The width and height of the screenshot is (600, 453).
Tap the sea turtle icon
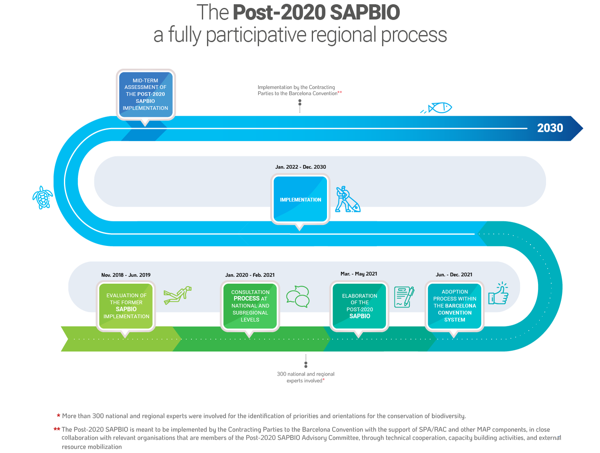pyautogui.click(x=42, y=197)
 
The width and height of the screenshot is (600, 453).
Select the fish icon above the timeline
pyautogui.click(x=436, y=108)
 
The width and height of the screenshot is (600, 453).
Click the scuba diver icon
pyautogui.click(x=177, y=295)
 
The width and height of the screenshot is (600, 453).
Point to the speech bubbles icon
pyautogui.click(x=298, y=296)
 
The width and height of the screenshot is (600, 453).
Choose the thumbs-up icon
pyautogui.click(x=498, y=293)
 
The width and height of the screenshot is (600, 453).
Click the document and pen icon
pyautogui.click(x=404, y=297)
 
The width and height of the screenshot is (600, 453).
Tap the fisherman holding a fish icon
pyautogui.click(x=347, y=199)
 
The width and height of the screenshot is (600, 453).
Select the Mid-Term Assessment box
pyautogui.click(x=146, y=94)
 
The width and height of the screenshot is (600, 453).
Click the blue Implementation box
pyautogui.click(x=300, y=199)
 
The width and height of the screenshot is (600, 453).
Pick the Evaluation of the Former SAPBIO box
pyautogui.click(x=126, y=306)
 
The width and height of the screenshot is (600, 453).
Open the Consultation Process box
pyautogui.click(x=250, y=306)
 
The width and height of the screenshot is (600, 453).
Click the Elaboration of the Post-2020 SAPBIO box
pyautogui.click(x=359, y=306)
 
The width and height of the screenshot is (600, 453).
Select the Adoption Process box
pyautogui.click(x=454, y=306)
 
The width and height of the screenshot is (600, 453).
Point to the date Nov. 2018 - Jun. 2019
pyautogui.click(x=126, y=275)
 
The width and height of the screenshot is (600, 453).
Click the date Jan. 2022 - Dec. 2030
pyautogui.click(x=301, y=167)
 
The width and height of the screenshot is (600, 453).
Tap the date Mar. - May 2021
pyautogui.click(x=359, y=273)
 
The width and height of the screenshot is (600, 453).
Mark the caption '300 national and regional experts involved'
pyautogui.click(x=305, y=377)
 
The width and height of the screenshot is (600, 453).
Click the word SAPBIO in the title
pyautogui.click(x=365, y=12)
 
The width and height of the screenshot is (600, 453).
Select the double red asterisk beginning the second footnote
pyautogui.click(x=57, y=429)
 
